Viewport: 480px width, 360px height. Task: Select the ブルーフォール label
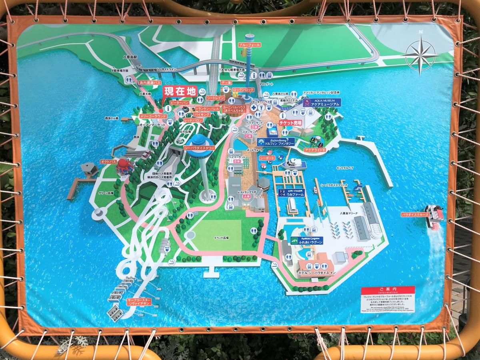tap(249, 45)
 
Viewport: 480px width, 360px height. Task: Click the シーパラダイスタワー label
tap(199, 148)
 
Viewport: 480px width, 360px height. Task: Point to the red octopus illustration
tap(124, 166)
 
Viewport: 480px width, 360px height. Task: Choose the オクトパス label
tap(108, 161)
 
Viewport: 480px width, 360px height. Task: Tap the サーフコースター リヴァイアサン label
tap(139, 302)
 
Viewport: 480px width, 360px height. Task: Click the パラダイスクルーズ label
tap(415, 215)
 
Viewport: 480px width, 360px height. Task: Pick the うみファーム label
tap(291, 192)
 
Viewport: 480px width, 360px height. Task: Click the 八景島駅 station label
tap(130, 57)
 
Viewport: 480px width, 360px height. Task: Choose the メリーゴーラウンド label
tap(152, 116)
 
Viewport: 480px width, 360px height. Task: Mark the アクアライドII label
tap(315, 150)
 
